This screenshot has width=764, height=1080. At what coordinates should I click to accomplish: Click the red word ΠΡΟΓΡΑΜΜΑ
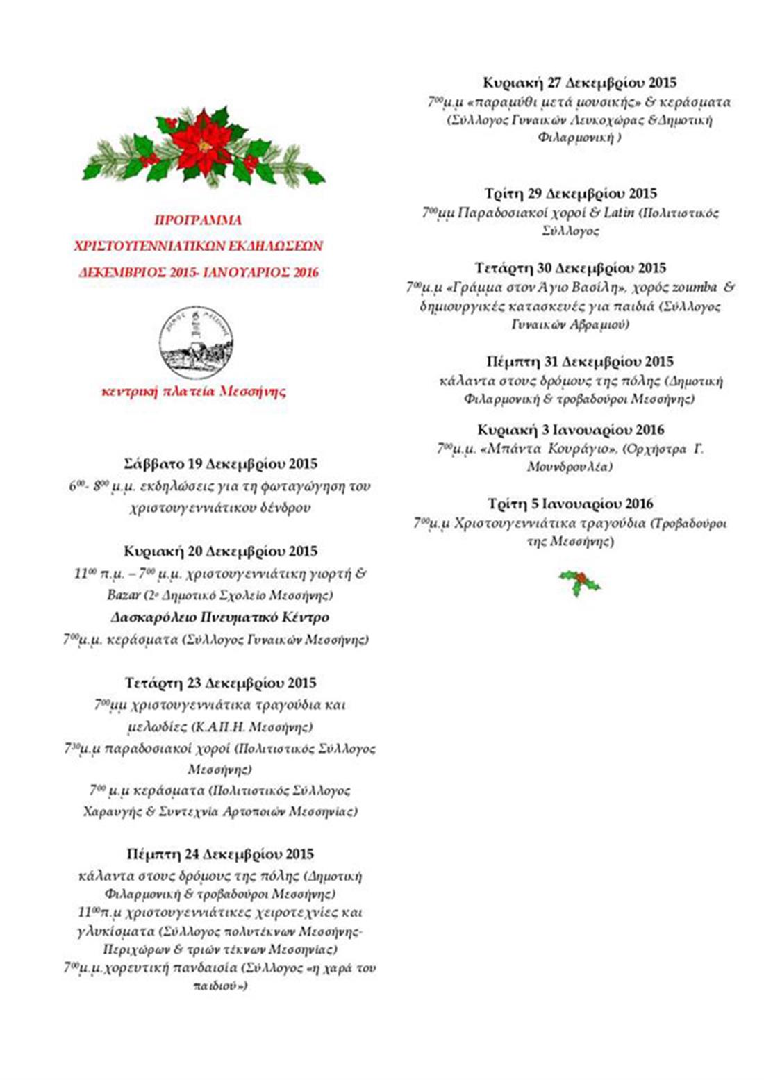198,220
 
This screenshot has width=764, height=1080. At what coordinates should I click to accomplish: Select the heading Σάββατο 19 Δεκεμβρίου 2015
220,464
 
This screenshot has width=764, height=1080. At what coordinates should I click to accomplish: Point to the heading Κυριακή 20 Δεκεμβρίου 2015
220,551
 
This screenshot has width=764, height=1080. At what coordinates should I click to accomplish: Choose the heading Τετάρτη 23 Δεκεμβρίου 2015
220,683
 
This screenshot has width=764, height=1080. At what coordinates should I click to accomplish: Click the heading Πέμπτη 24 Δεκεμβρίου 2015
220,854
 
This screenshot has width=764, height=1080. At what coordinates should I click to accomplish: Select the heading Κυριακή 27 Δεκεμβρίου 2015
579,83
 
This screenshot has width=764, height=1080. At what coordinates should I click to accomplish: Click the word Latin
618,213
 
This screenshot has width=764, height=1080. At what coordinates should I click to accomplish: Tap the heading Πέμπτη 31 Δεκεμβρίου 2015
579,362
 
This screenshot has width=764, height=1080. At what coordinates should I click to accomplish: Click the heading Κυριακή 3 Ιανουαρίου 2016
570,430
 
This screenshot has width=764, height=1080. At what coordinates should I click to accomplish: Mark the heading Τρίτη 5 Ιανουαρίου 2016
570,504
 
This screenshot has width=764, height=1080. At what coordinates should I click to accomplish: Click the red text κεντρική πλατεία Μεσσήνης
194,392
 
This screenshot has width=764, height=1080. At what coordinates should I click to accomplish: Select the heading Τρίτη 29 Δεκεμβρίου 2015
570,194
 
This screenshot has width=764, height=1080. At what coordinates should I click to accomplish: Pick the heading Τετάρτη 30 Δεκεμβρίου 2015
570,268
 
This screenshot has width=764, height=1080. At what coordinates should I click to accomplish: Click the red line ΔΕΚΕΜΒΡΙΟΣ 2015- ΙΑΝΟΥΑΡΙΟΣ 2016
199,272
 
